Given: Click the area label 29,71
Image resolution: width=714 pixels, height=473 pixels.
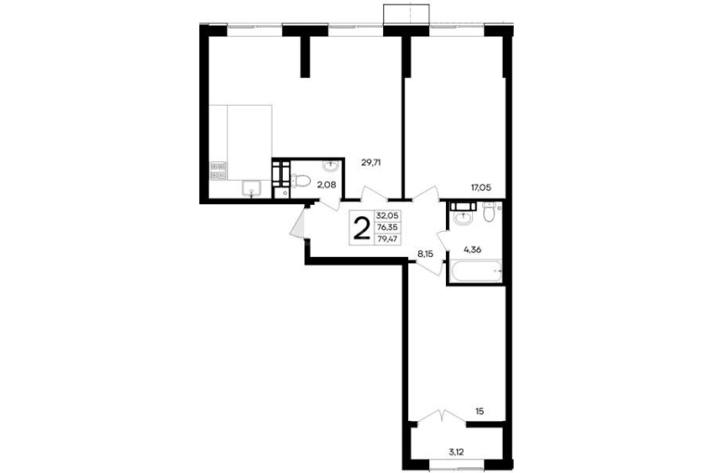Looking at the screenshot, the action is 371,162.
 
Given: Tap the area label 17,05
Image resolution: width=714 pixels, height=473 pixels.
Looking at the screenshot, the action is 481,186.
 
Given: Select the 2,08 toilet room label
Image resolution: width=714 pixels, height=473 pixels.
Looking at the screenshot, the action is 326,185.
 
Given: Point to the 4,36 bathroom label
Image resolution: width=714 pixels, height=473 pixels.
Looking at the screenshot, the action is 473,249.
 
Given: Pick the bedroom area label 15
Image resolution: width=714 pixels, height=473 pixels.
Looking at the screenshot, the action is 479,412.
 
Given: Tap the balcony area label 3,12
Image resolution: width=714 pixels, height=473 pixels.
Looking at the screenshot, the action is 456,452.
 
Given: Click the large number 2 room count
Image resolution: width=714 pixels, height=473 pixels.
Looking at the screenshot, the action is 362,227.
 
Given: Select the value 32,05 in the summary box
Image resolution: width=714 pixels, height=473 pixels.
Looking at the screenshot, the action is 387,216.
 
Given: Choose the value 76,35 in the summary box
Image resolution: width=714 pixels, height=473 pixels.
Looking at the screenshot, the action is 387,227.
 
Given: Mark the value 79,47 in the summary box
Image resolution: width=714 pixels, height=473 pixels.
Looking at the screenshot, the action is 387,238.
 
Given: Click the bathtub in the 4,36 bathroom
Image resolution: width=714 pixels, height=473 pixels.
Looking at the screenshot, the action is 476,271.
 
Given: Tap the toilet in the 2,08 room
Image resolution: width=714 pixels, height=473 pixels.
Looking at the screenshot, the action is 300,181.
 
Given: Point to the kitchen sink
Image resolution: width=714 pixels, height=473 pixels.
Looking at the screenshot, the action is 251,188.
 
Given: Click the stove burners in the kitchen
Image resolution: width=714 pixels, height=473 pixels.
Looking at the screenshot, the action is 218,171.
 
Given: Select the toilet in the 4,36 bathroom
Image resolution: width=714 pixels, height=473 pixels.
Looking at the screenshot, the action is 489,211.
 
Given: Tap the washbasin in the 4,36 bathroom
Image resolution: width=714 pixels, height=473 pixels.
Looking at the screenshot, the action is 463,215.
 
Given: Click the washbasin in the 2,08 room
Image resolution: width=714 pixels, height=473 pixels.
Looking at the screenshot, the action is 331,166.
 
